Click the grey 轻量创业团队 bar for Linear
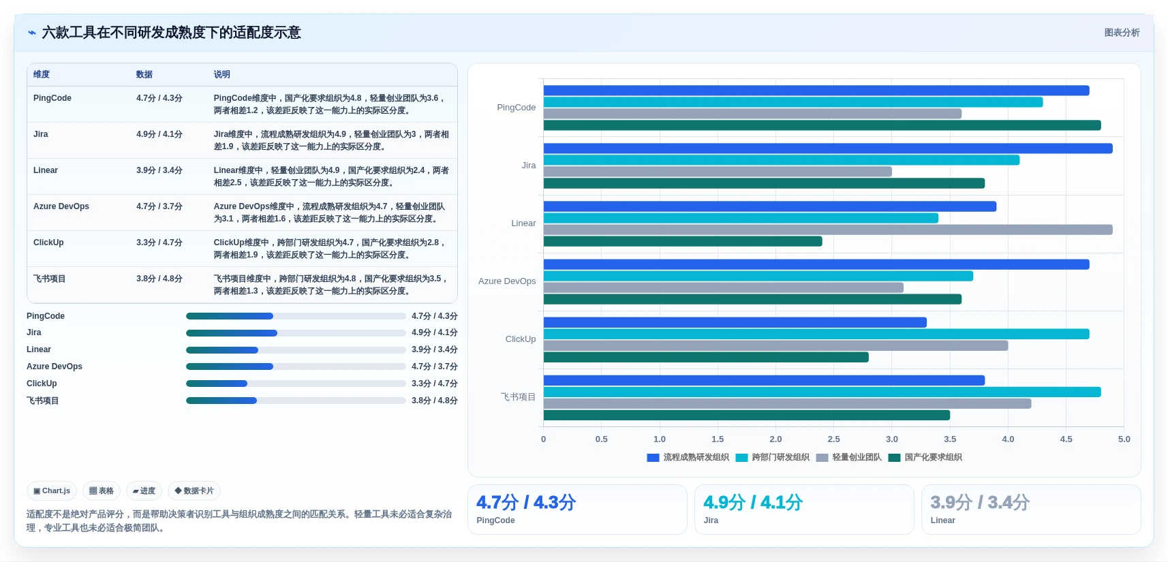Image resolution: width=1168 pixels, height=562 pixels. coord(827,230)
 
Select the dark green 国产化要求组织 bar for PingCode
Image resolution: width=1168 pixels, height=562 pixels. coord(822,125)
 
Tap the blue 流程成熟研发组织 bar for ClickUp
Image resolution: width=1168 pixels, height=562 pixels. coord(735,322)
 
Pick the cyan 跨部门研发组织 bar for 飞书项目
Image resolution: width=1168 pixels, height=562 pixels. coord(822,392)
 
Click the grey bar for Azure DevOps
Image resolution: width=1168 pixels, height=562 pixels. coord(723,287)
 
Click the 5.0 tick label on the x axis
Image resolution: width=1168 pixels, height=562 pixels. coord(1124,439)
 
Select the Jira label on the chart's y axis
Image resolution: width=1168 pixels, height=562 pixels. coord(528,166)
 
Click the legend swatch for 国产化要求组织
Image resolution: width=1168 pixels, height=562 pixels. coord(894,458)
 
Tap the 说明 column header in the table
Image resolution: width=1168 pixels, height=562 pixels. coord(221,74)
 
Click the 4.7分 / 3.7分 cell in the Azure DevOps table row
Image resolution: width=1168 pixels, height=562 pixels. coord(159,206)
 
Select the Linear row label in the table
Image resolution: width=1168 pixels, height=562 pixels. coord(46,170)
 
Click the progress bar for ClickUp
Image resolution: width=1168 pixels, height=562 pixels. coord(296,384)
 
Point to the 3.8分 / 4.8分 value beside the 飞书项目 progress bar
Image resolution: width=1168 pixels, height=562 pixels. coord(434,401)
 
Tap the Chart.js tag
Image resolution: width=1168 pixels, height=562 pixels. coord(52,490)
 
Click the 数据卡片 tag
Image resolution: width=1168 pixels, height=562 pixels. coord(194,490)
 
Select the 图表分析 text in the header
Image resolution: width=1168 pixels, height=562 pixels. coord(1122,32)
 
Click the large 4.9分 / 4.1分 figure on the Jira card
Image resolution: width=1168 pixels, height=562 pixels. coord(752,502)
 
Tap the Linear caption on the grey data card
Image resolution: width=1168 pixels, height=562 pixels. coord(942,520)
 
